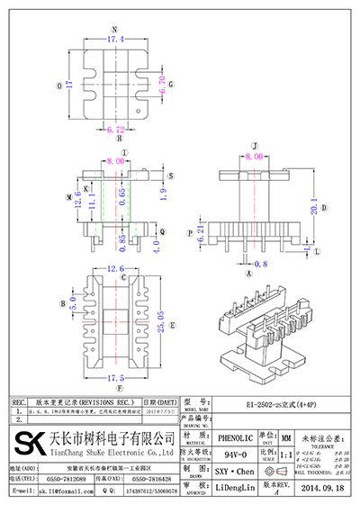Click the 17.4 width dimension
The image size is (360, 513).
(114, 42)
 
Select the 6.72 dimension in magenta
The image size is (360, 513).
(115, 130)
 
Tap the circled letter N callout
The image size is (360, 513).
(114, 30)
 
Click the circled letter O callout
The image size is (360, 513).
(59, 86)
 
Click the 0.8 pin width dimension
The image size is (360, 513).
(261, 264)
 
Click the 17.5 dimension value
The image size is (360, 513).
(115, 377)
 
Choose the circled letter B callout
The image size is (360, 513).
(62, 303)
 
